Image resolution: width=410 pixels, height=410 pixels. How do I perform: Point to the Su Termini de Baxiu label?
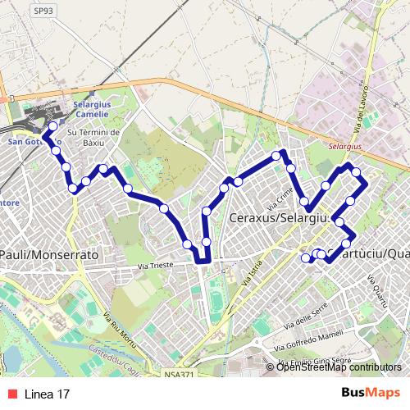93,137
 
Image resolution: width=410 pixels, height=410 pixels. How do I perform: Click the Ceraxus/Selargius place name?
281,219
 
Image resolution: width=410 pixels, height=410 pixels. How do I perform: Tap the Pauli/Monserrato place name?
49,255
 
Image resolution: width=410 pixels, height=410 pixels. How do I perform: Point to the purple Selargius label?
344,145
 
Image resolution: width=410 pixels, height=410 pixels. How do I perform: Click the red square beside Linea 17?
11,394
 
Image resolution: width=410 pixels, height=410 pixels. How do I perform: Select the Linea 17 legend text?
46,394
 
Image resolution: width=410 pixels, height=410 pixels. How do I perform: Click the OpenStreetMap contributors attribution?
338,367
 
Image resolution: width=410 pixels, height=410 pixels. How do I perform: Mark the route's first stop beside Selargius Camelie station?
53,126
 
